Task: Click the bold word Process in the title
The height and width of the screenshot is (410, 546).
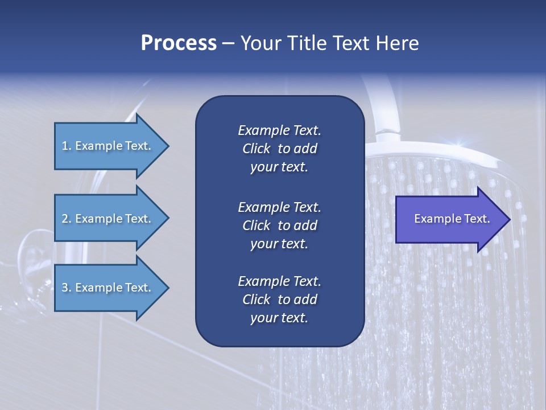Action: point(179,43)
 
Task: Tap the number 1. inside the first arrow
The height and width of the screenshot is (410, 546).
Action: point(67,146)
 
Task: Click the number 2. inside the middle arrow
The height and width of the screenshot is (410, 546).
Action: point(67,219)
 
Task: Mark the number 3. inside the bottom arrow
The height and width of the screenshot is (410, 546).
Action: point(67,288)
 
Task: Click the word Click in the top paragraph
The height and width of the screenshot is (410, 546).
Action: point(257,149)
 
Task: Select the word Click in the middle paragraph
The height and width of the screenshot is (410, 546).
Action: point(257,225)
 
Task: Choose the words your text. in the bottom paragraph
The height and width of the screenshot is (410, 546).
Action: point(279,318)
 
